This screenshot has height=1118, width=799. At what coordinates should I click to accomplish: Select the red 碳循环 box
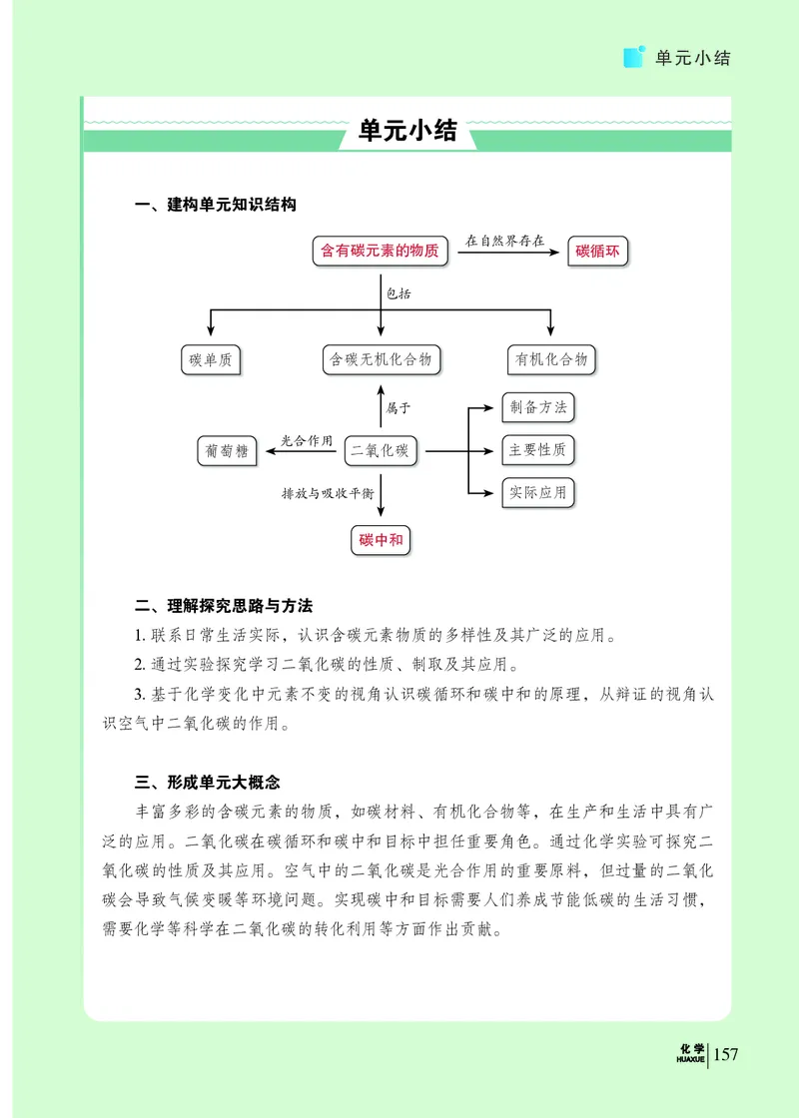coord(598,252)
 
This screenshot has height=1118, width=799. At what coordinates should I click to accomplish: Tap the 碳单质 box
coord(211,359)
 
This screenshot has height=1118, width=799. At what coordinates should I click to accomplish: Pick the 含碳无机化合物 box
coord(382,359)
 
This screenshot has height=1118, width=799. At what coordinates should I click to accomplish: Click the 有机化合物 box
coord(551,359)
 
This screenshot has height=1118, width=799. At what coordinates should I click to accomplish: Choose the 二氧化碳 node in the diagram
coord(380,451)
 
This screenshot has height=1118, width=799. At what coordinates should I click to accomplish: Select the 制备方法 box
coord(537,407)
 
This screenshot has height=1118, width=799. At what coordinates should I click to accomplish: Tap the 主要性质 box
coord(537,450)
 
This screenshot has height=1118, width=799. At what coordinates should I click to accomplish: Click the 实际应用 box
coord(537,493)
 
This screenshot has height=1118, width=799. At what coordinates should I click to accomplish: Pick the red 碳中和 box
coord(382,540)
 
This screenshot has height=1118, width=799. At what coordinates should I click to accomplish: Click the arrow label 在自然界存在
coord(505,240)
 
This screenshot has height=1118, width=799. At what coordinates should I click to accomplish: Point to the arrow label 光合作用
coord(306,440)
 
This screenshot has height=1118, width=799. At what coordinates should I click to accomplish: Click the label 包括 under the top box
coord(399,294)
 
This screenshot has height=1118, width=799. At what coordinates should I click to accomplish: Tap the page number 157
coord(725,1054)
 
